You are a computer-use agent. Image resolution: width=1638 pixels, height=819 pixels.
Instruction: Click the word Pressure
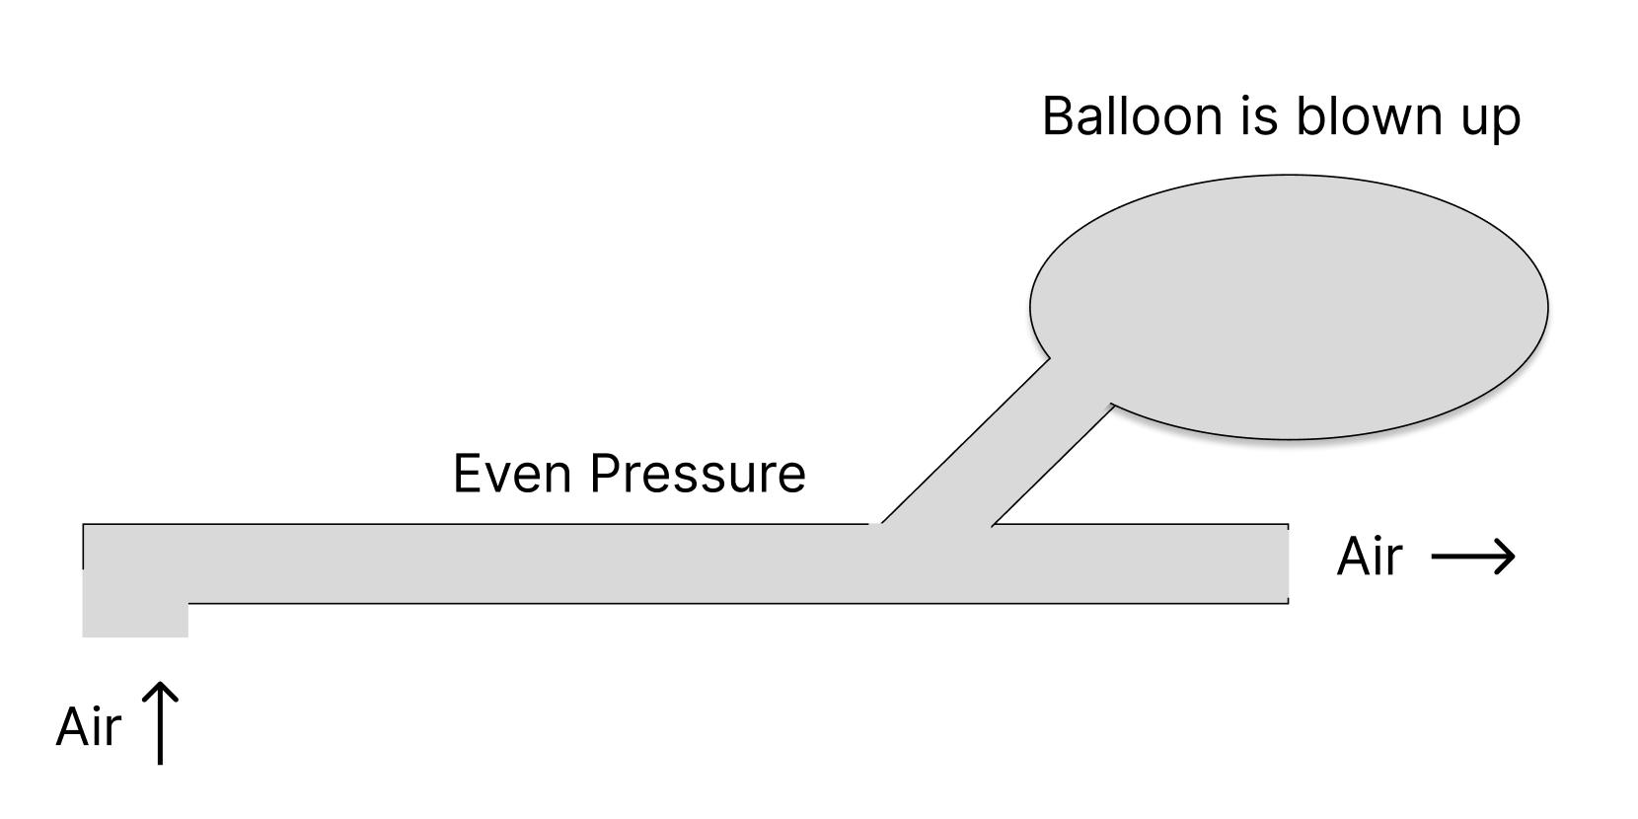698,474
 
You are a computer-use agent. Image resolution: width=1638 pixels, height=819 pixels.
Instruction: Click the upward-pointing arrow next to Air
160,722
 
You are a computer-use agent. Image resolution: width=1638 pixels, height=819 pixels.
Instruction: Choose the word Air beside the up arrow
88,728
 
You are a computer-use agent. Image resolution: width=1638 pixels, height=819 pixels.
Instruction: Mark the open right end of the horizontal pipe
1283,563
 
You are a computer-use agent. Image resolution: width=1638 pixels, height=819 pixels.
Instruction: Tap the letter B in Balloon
1059,116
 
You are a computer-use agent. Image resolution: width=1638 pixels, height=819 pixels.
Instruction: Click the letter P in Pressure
605,474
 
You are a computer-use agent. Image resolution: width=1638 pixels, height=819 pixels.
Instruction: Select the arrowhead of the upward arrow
160,691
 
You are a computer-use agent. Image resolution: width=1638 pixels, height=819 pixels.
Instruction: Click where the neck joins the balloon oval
1080,380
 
